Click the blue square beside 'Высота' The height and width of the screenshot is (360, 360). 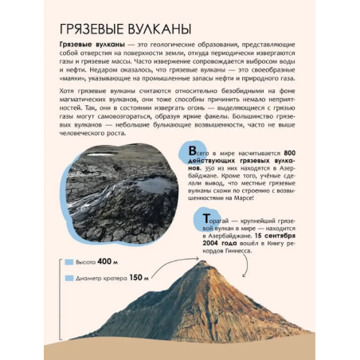coord(69,261)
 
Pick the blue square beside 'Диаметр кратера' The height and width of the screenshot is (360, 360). coord(69,278)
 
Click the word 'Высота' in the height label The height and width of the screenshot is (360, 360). coord(87,261)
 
